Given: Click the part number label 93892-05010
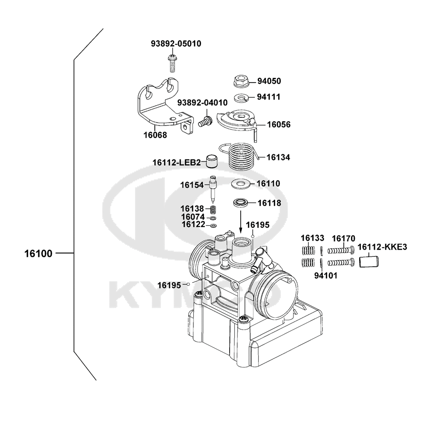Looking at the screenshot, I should pyautogui.click(x=176, y=43).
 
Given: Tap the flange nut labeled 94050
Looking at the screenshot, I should pyautogui.click(x=242, y=81).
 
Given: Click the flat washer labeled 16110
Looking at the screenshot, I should pyautogui.click(x=240, y=184).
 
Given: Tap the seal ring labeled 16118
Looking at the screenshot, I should pyautogui.click(x=241, y=203).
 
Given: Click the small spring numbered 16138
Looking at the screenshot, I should pyautogui.click(x=214, y=209).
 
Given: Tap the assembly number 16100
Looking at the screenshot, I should pyautogui.click(x=38, y=254).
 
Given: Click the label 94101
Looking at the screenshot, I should pyautogui.click(x=325, y=275).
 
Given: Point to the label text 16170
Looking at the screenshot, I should pyautogui.click(x=343, y=238).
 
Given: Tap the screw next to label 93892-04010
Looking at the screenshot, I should pyautogui.click(x=206, y=120).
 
